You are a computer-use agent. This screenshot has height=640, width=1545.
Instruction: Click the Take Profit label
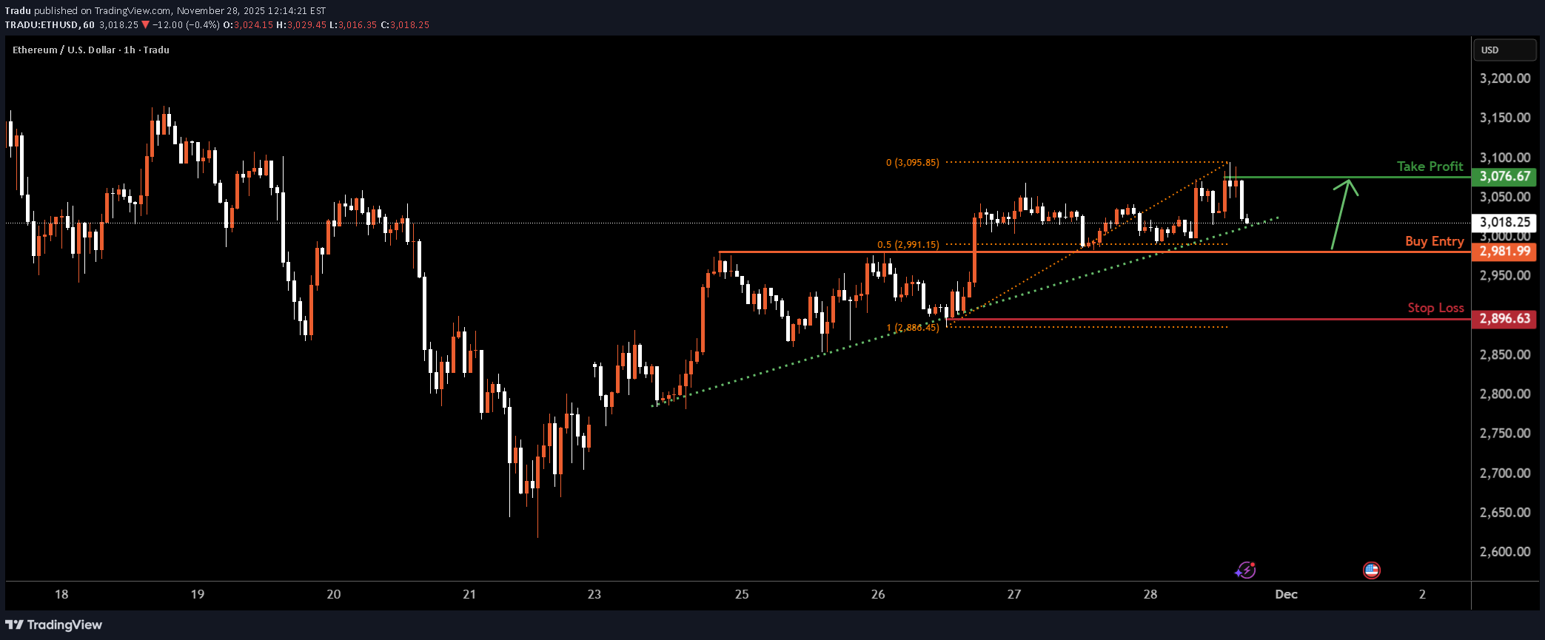(x=1430, y=166)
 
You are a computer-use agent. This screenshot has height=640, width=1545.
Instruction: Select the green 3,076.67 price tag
(x=1504, y=176)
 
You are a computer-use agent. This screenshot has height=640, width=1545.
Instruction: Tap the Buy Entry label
(x=1434, y=241)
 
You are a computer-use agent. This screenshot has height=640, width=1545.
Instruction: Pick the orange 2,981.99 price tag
(x=1504, y=252)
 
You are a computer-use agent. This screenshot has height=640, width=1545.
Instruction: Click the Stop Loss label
(x=1435, y=308)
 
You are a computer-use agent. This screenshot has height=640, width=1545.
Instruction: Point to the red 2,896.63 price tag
(x=1504, y=319)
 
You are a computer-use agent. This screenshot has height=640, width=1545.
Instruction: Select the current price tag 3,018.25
(x=1504, y=222)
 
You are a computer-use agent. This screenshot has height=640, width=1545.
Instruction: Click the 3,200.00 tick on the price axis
(x=1504, y=78)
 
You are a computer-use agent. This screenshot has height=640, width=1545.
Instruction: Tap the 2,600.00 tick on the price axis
(x=1504, y=551)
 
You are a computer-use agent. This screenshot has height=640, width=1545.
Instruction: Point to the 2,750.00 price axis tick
(x=1504, y=433)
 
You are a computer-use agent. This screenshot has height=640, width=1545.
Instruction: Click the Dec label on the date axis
(x=1286, y=594)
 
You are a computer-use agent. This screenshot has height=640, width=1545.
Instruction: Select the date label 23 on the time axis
(x=594, y=594)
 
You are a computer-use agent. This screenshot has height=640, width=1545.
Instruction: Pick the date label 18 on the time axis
(x=61, y=594)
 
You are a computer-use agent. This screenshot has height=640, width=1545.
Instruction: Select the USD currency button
(x=1504, y=50)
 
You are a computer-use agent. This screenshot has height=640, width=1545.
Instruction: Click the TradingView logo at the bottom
(x=54, y=625)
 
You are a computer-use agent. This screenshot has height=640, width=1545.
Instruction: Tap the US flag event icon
(x=1372, y=570)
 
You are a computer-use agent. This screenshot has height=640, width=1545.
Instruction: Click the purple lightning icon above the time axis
(x=1245, y=570)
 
